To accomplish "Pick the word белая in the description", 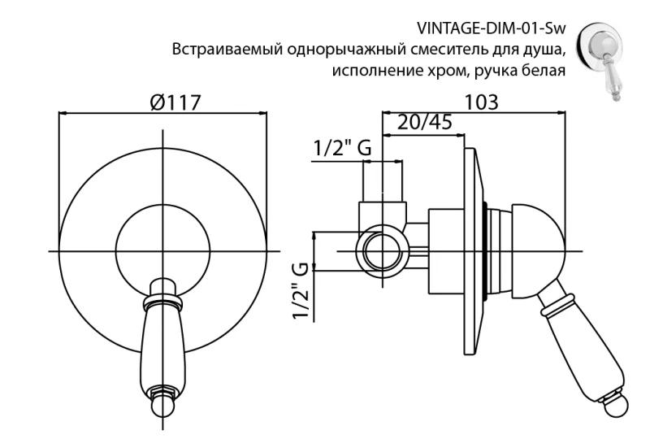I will point(544,70).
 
